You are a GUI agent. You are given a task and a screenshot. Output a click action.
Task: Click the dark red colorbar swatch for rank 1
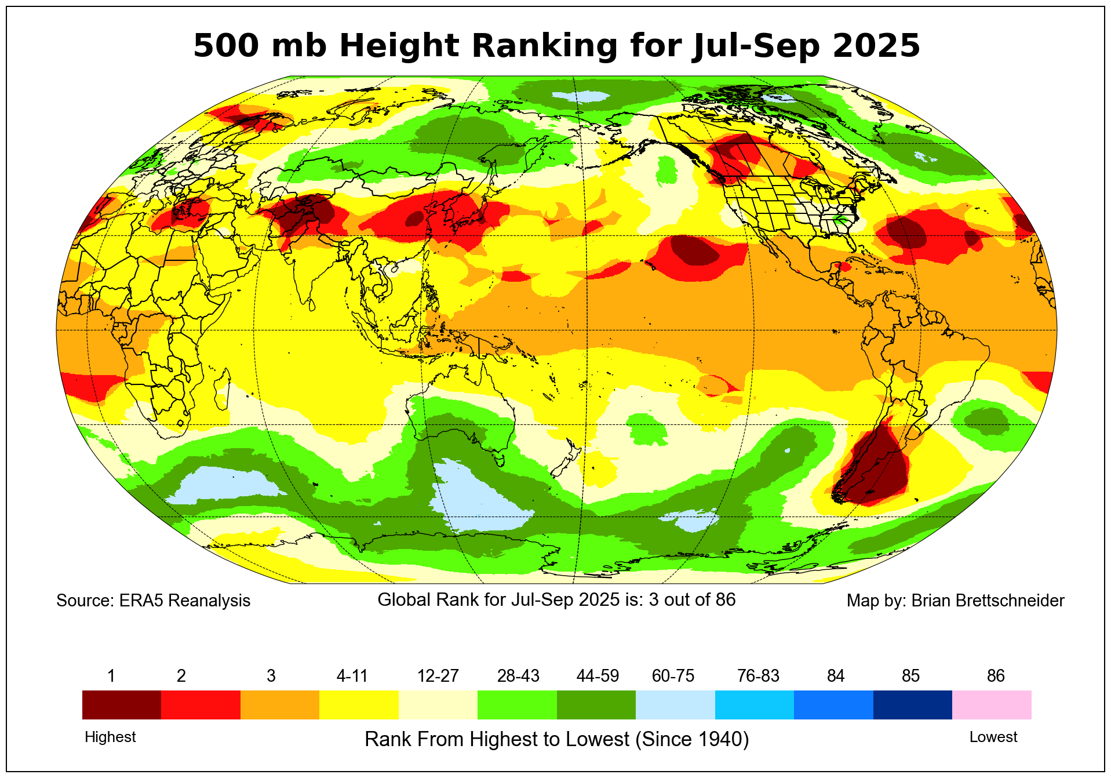tap(121, 704)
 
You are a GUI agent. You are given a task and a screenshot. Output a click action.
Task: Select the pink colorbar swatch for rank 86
tap(991, 704)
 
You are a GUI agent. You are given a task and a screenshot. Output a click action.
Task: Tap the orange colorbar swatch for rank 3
tap(279, 704)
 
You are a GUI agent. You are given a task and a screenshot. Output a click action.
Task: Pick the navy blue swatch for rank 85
tap(912, 704)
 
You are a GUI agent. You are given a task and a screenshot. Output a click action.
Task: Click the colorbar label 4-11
tap(352, 676)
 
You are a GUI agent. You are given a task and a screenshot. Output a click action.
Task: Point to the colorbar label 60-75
tap(673, 676)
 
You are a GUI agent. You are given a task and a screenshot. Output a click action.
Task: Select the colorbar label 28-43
tap(518, 676)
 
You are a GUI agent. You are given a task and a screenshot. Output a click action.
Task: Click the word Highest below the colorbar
tap(110, 737)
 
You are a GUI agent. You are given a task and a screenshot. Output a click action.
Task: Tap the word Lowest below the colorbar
tap(993, 737)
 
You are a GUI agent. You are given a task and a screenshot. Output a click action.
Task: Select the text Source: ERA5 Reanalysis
tap(153, 601)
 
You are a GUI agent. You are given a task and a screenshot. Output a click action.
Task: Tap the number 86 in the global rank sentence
tap(725, 599)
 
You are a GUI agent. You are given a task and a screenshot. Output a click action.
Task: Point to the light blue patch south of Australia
tap(481, 499)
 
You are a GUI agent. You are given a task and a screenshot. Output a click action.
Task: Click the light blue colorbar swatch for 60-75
tap(675, 704)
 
